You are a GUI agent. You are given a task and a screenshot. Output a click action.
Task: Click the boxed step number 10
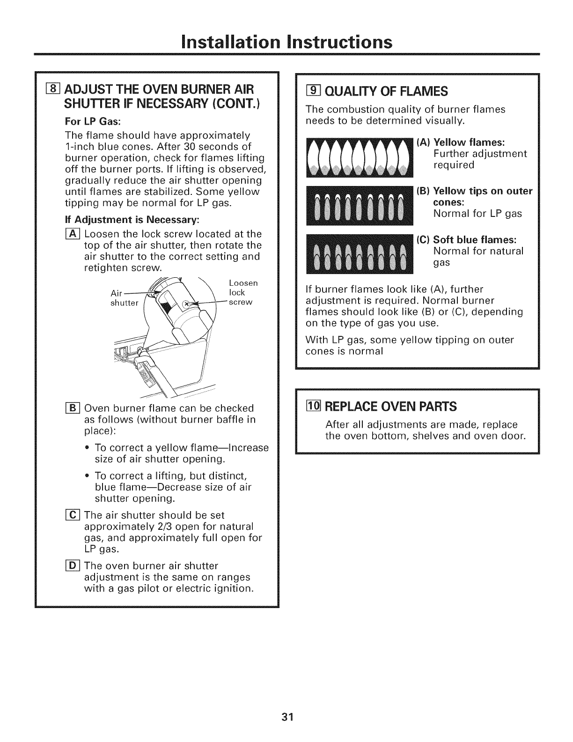coord(309,406)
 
